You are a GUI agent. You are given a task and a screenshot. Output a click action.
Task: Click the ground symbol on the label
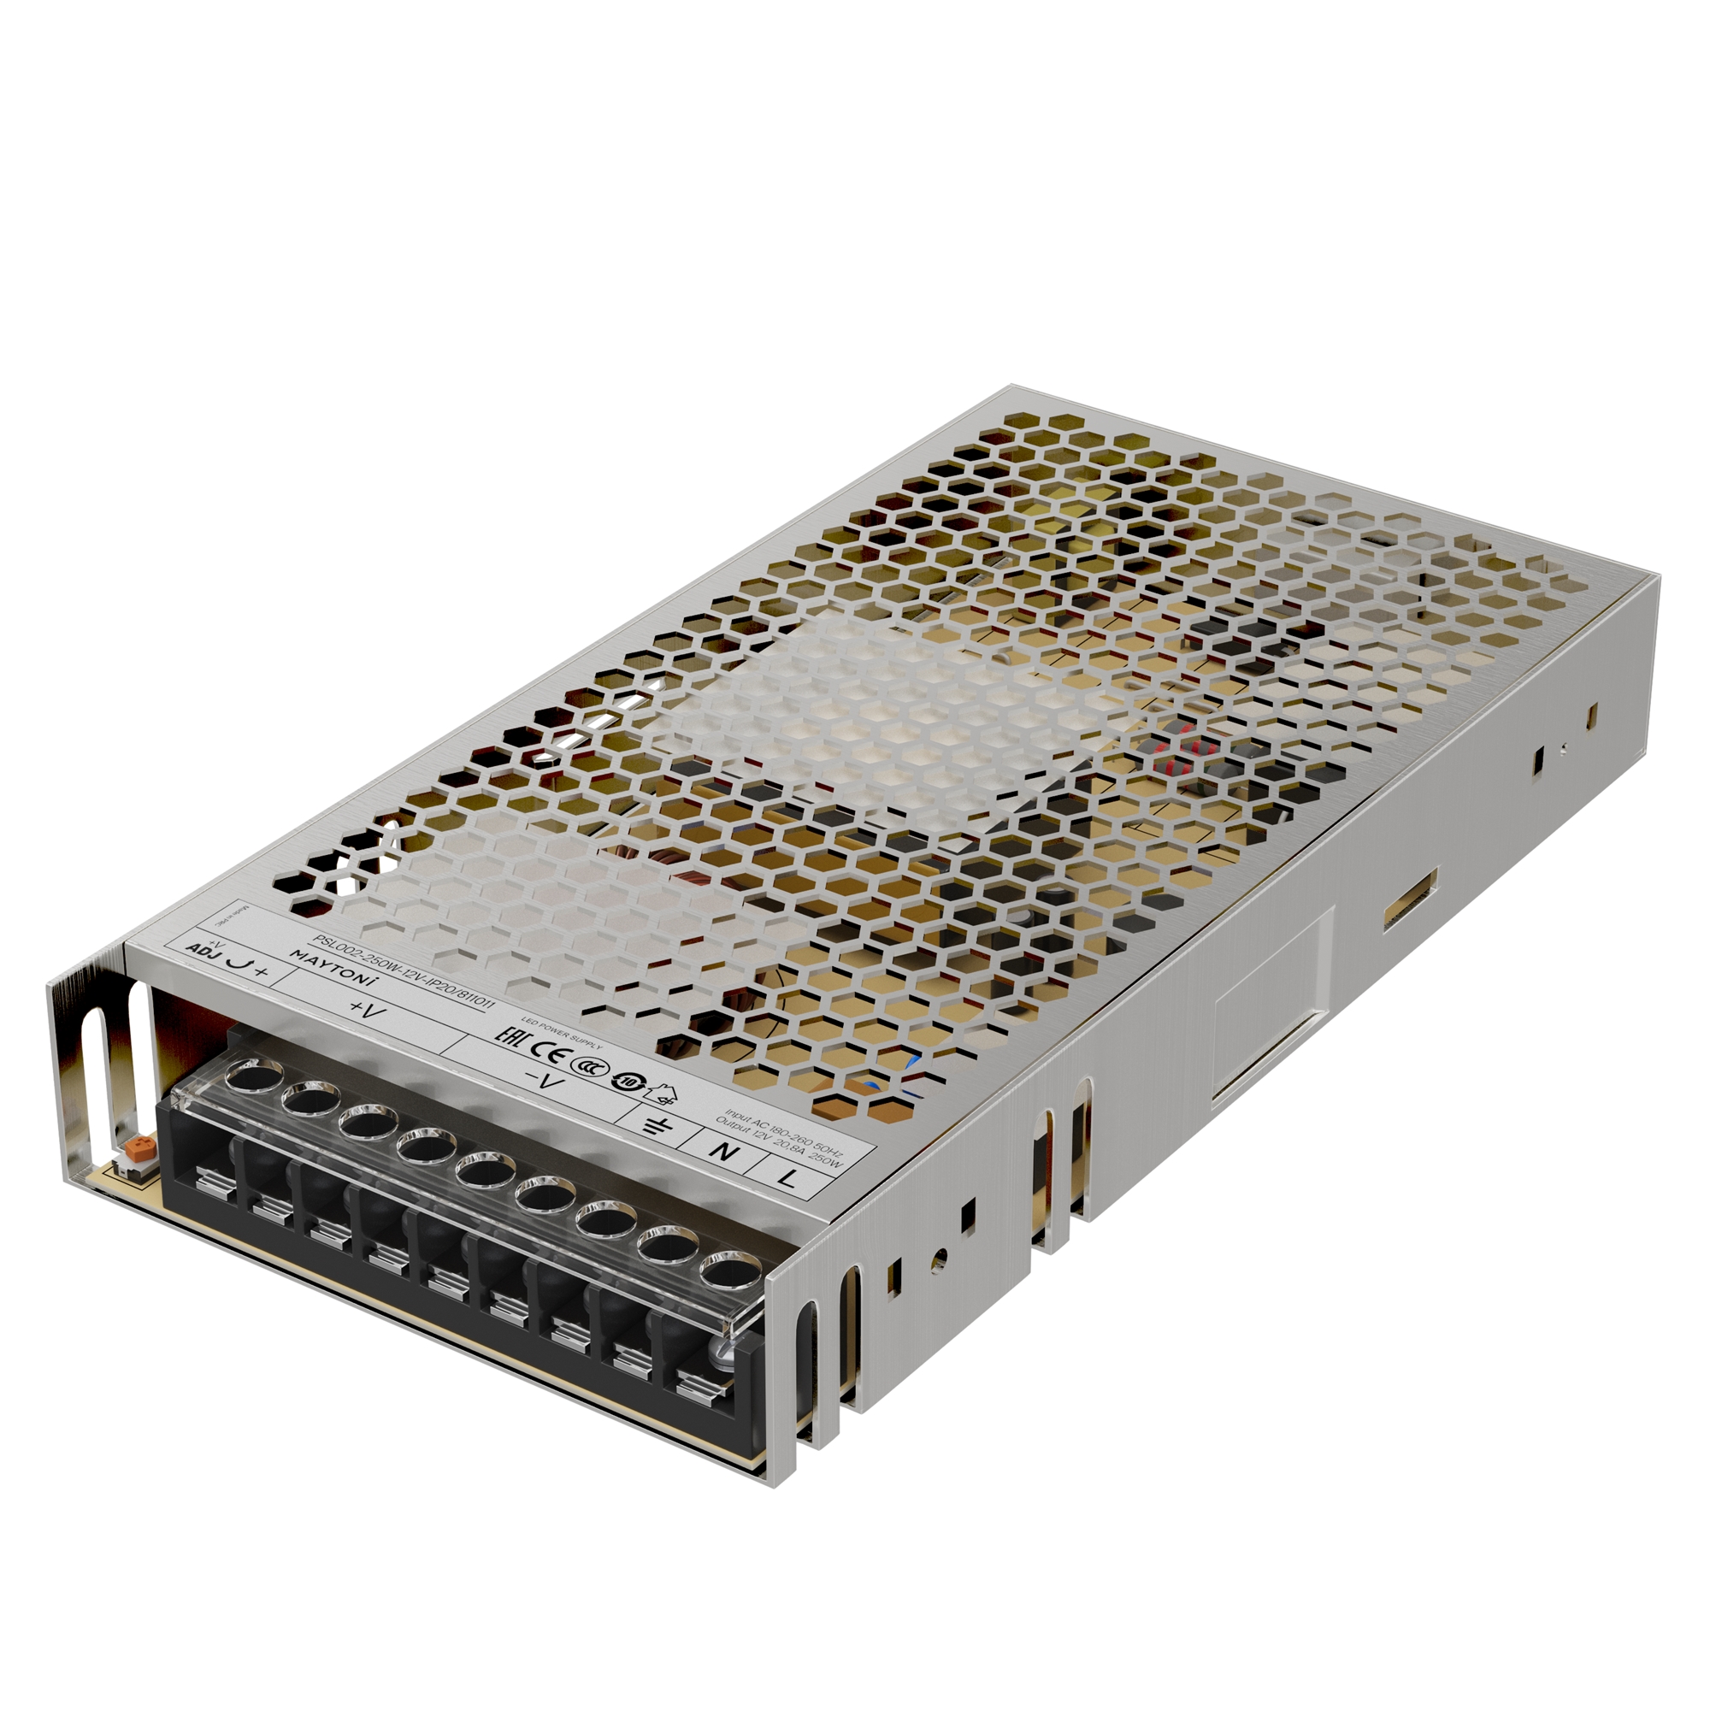point(656,1126)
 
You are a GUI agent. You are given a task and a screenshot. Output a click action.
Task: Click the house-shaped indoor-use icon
point(660,1094)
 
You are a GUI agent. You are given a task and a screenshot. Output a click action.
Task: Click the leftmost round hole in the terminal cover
point(251,1077)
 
